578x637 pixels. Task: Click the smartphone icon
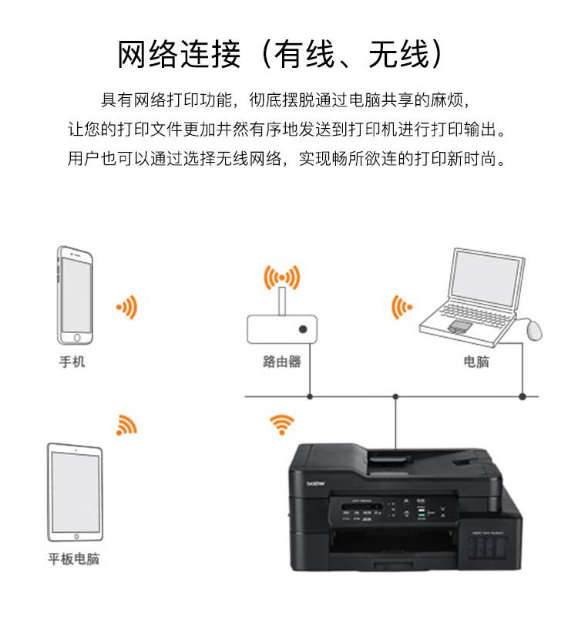point(76,296)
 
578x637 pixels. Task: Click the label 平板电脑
point(74,559)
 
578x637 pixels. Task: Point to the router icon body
point(281,329)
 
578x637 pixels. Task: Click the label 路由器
point(281,362)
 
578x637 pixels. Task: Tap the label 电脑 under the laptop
point(476,362)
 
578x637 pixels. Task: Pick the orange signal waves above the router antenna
point(281,277)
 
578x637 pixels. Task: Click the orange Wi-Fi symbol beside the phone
point(127,307)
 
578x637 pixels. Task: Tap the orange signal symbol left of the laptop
point(401,307)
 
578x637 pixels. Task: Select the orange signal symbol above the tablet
point(126,425)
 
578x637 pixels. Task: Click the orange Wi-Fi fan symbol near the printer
point(281,423)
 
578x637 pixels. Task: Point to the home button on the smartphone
point(76,337)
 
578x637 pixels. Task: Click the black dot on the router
point(303,329)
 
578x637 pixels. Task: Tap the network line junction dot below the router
point(310,396)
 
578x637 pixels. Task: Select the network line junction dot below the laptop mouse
point(522,396)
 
